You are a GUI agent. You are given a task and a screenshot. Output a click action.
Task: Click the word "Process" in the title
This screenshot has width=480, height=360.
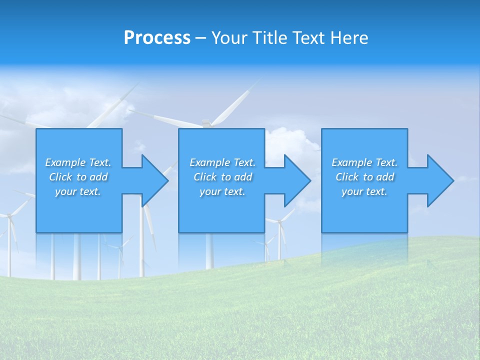157,38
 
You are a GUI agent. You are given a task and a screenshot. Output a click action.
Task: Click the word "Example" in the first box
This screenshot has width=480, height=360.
65,162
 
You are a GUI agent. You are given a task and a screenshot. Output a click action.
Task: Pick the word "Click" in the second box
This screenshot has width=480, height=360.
205,177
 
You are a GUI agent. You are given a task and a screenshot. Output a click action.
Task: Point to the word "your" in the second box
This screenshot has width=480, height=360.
210,191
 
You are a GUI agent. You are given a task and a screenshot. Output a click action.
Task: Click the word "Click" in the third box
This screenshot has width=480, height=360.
347,177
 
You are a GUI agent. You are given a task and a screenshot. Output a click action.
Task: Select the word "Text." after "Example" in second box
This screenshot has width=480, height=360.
244,162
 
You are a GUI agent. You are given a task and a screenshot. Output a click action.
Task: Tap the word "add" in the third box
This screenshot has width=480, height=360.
385,177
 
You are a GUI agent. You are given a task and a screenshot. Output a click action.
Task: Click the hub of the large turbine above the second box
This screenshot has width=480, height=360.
205,122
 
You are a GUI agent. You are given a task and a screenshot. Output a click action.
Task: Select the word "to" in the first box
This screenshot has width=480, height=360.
81,177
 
